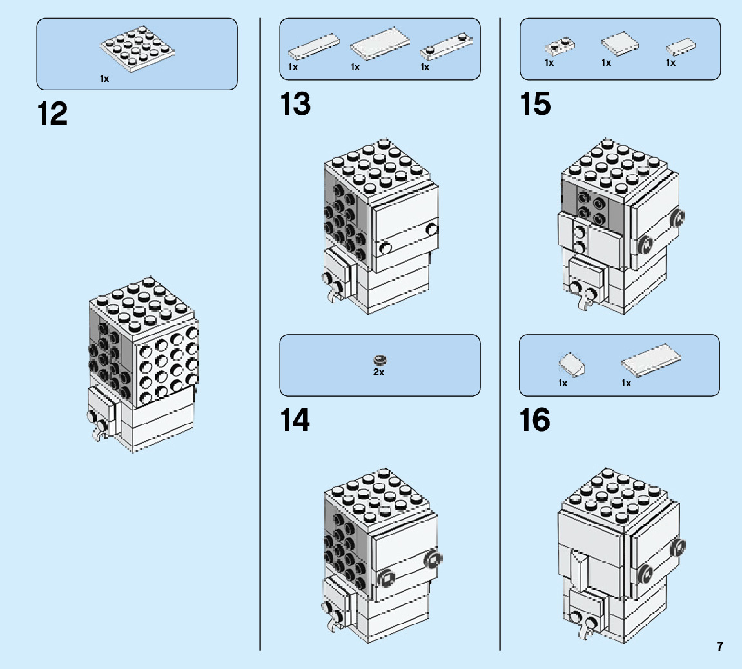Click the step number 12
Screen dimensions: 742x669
[x=53, y=114]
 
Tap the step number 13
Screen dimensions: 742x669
[x=295, y=105]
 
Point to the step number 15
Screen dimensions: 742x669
[x=536, y=105]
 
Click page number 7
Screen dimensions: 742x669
[x=719, y=646]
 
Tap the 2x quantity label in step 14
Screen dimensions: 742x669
[x=378, y=372]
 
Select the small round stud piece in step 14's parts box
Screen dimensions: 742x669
[x=379, y=359]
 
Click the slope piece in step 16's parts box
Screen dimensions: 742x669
[x=572, y=366]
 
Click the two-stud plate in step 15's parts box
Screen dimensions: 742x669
[x=560, y=46]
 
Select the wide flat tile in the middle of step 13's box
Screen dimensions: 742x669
[x=380, y=45]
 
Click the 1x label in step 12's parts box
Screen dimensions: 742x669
[x=104, y=79]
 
